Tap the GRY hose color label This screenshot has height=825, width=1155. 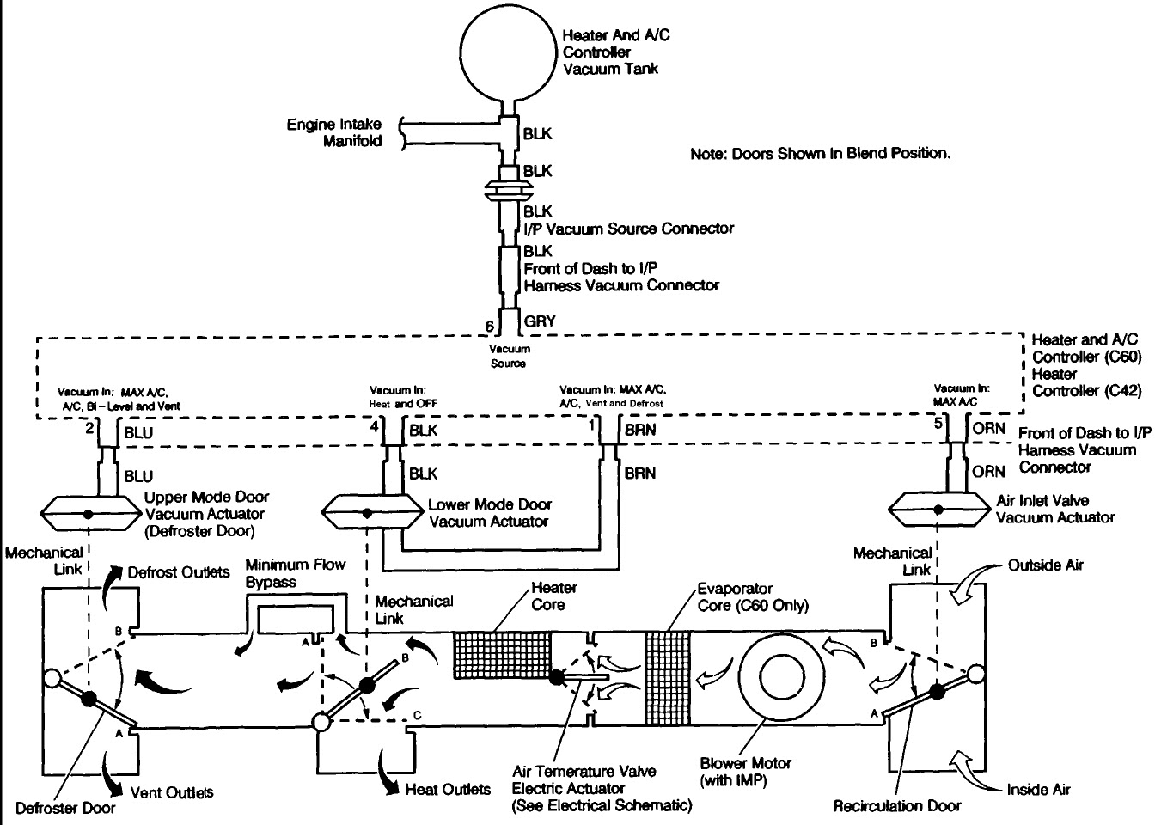pos(540,321)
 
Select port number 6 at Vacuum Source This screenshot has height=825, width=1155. pos(490,327)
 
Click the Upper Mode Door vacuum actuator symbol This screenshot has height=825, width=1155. pos(88,514)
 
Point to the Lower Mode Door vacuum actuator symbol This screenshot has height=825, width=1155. pos(368,513)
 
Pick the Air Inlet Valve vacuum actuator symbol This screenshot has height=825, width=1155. pos(935,509)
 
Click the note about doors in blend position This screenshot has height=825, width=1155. pos(821,154)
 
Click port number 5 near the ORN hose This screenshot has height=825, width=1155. pos(938,423)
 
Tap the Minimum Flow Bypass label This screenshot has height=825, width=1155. pos(295,573)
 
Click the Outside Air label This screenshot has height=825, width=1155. pos(1045,565)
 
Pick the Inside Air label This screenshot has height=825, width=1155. pos(1038,789)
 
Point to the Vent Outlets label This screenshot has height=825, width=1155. pos(171,791)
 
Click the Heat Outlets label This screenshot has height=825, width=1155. pos(448,789)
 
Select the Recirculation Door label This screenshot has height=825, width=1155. pos(896,806)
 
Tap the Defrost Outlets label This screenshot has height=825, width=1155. pos(179,572)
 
